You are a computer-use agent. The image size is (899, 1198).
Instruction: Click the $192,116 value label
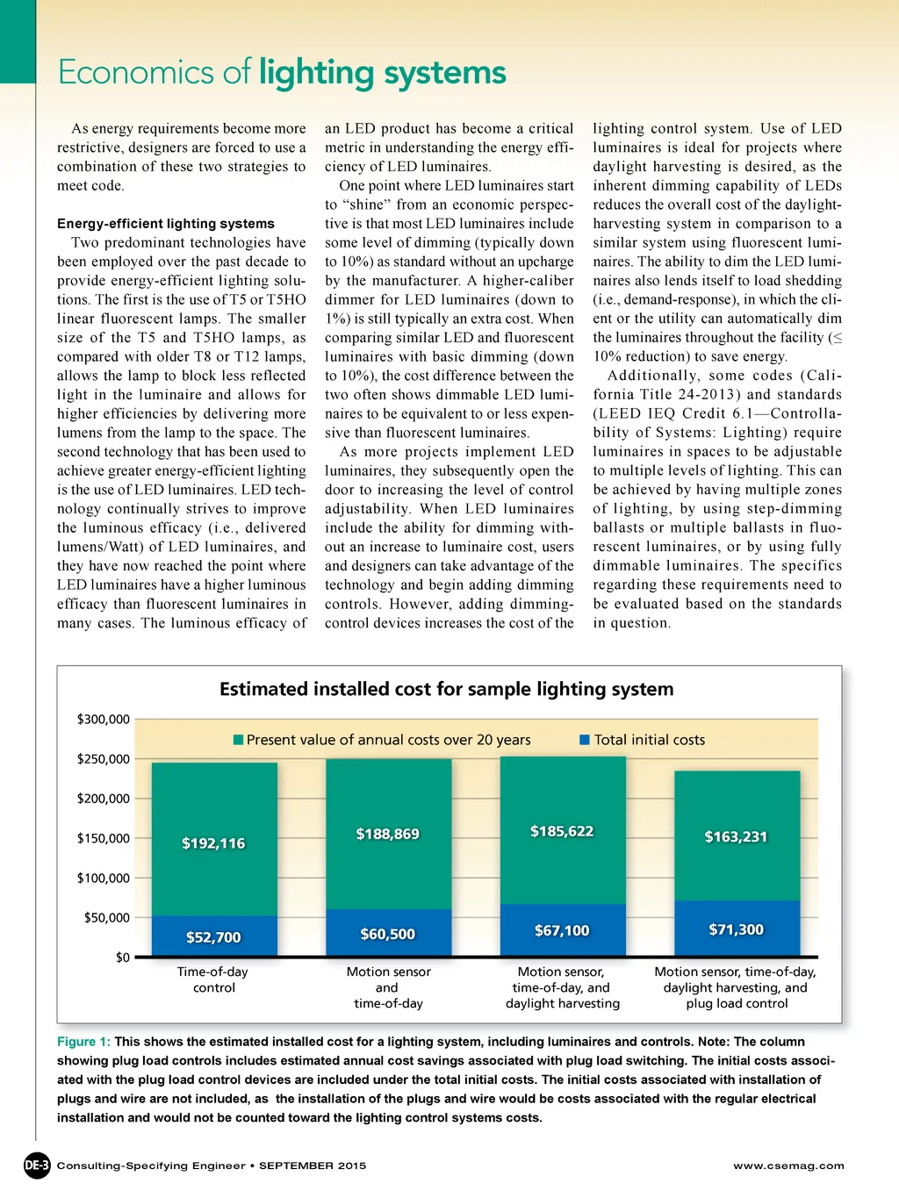pos(213,843)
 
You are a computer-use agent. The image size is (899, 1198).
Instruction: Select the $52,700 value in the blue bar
pos(213,937)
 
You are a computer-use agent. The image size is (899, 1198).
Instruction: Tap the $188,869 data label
pos(387,834)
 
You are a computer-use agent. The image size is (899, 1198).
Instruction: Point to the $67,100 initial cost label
pos(562,930)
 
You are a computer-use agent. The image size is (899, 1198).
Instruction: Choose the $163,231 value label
pos(736,836)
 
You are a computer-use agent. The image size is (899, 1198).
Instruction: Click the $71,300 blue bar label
pos(736,929)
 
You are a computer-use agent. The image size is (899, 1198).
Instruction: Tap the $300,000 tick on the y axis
pos(104,720)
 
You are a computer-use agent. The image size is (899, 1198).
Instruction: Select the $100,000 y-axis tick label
pos(104,879)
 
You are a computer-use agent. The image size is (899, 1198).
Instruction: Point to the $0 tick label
pos(123,958)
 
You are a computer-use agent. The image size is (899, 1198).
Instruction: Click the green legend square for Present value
pos(238,740)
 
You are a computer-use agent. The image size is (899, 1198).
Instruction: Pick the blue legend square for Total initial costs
pos(585,740)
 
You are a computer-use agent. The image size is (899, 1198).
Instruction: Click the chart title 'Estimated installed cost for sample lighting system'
pos(446,690)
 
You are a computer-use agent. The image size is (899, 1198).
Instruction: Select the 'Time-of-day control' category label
pos(213,979)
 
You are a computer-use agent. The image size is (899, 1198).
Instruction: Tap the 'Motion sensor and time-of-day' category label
pos(388,987)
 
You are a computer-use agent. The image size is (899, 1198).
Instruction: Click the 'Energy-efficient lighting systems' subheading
pos(166,224)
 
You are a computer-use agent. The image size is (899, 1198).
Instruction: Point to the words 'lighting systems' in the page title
pos(382,73)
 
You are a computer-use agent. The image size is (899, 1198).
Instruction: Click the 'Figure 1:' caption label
pos(83,1042)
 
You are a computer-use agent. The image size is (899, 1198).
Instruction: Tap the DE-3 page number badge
pos(37,1166)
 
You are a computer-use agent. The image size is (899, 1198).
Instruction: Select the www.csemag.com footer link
pos(788,1166)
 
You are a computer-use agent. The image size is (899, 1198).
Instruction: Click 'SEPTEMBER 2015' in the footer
pos(313,1166)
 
